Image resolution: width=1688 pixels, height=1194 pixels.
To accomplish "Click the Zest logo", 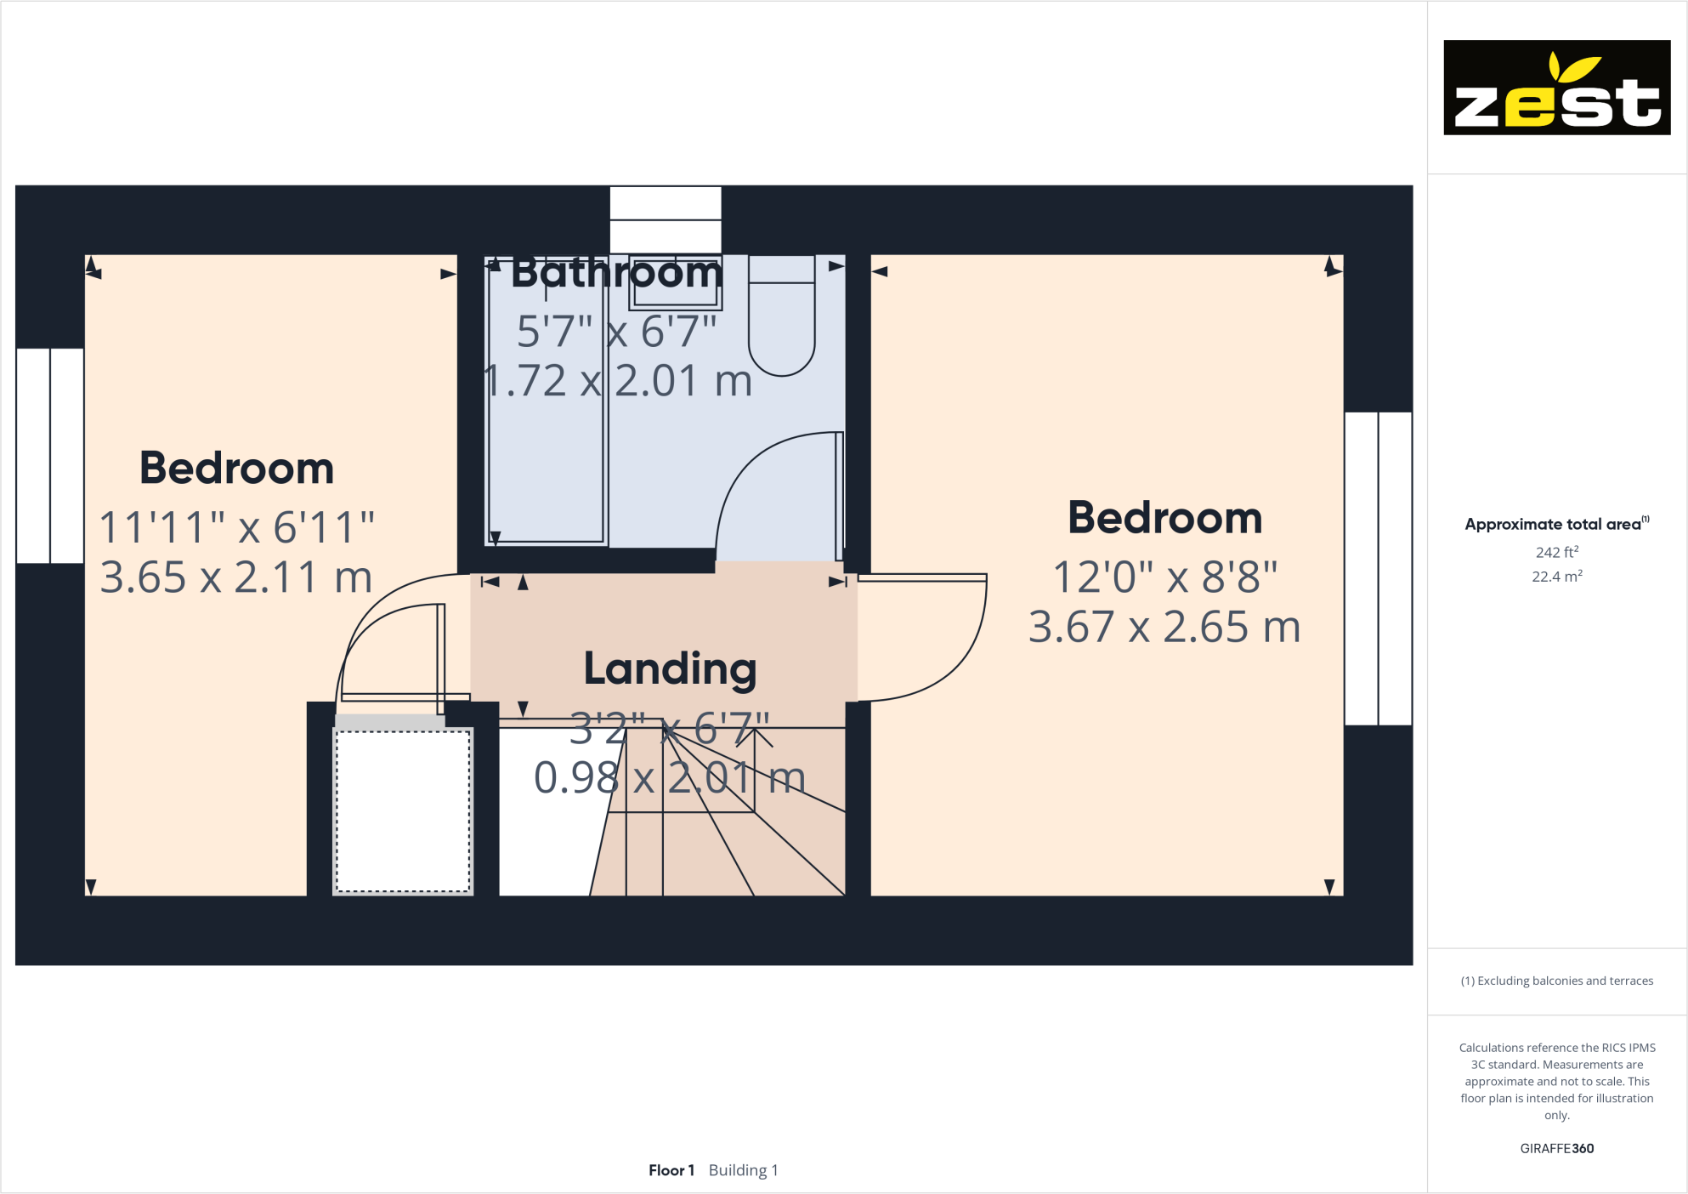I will click(x=1556, y=88).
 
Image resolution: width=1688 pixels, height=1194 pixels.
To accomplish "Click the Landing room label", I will click(x=670, y=668).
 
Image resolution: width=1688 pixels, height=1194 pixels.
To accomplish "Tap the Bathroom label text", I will click(x=617, y=273).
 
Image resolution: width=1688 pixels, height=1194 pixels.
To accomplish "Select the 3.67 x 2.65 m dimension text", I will click(x=1164, y=628).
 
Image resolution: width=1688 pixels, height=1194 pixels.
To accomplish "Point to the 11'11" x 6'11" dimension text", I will click(x=237, y=527).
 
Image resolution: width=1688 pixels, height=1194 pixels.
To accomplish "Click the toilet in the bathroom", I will click(x=781, y=319).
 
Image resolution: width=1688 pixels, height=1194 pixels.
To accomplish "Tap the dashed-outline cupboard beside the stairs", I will click(x=403, y=810).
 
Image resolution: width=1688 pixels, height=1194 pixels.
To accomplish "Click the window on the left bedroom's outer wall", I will click(x=50, y=456).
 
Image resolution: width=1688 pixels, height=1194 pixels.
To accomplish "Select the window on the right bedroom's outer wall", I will click(x=1378, y=568).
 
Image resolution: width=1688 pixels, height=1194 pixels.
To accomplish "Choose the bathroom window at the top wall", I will click(x=666, y=219).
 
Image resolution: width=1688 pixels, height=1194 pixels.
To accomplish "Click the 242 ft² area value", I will click(x=1556, y=552).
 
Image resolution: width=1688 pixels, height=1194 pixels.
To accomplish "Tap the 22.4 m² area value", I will click(x=1556, y=577).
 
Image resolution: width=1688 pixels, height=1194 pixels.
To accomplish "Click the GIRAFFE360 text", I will click(x=1556, y=1148).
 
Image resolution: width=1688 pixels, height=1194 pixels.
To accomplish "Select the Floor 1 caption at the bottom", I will click(x=671, y=1170).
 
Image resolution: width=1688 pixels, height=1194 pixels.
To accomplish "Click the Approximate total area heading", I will click(x=1555, y=524).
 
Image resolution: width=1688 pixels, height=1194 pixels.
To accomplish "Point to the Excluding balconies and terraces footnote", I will click(x=1556, y=981).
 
